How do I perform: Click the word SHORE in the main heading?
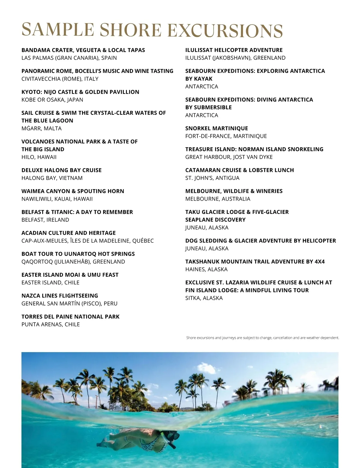pos(130,30)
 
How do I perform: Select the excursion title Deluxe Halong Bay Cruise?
pos(61,170)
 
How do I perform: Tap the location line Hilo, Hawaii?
pos(39,157)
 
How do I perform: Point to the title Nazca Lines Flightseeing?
pos(60,296)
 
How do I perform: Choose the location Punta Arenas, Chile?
pos(51,324)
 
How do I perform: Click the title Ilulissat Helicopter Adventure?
pos(234,50)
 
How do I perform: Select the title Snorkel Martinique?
pos(217,128)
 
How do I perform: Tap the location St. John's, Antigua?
pos(212,178)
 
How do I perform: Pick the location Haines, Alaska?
pos(206,269)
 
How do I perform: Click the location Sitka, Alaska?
pos(204,298)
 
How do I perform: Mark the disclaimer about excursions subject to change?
pos(262,338)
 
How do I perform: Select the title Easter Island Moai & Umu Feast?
pos(70,275)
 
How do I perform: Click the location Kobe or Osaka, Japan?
pos(52,100)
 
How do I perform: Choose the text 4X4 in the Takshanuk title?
pos(319,262)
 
